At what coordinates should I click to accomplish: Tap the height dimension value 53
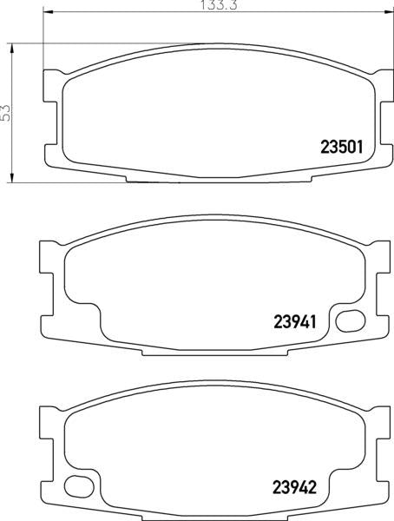pyautogui.click(x=6, y=112)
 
